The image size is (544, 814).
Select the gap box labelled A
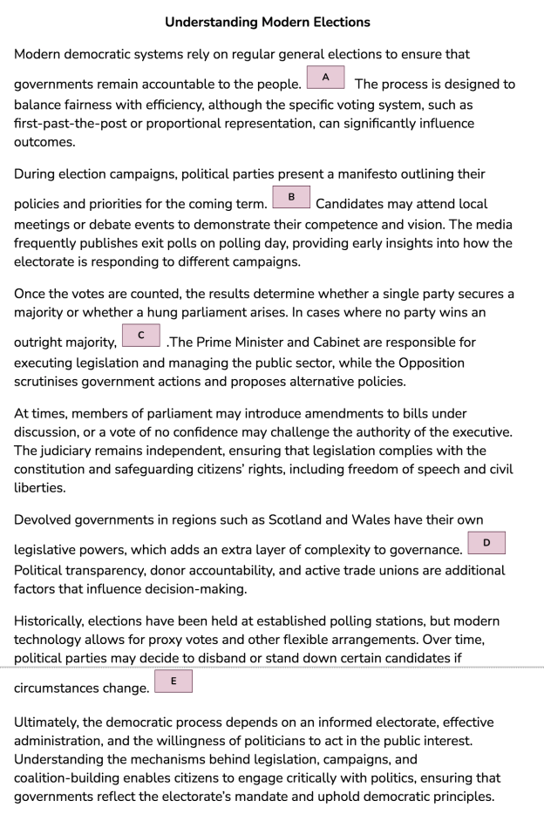(324, 78)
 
